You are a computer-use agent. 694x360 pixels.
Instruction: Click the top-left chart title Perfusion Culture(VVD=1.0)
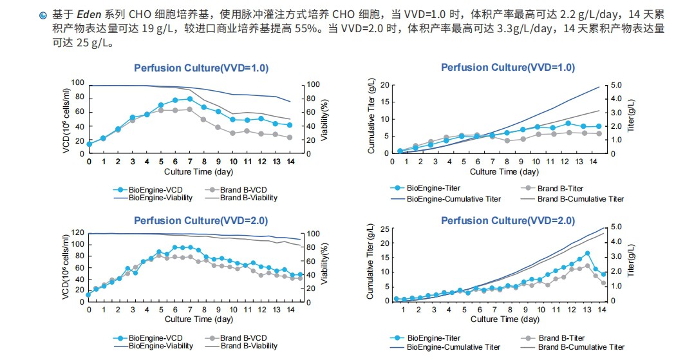point(201,68)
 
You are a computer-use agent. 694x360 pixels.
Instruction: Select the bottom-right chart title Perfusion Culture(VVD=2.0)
point(508,221)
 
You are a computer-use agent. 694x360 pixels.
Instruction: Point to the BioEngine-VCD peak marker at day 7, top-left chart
point(190,99)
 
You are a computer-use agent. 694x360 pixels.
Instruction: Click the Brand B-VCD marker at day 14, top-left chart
point(290,137)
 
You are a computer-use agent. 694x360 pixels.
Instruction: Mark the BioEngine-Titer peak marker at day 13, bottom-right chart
point(587,253)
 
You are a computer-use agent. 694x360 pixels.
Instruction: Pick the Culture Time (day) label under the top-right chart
point(504,172)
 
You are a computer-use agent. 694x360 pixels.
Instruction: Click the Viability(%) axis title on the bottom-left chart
point(325,266)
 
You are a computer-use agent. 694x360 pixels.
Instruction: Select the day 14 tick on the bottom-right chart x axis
point(602,310)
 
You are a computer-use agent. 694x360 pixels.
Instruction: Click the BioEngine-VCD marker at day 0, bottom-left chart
point(89,294)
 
